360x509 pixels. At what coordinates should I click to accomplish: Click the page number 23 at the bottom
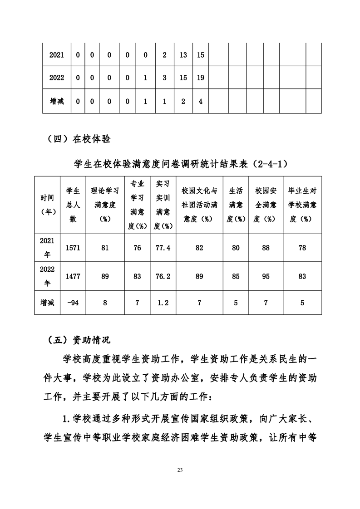point(180,470)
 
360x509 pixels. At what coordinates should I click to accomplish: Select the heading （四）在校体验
point(79,139)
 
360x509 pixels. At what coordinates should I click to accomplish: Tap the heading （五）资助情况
point(79,339)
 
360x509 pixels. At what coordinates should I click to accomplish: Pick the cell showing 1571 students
point(73,248)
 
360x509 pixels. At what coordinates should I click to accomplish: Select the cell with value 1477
point(73,276)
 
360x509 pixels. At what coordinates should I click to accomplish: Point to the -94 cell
point(73,303)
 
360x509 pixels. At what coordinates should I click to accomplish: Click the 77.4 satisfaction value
point(163,248)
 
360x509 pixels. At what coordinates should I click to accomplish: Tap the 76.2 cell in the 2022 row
point(163,276)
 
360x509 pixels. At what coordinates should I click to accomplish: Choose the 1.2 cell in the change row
point(163,303)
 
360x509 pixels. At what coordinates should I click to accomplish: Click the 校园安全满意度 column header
point(266,205)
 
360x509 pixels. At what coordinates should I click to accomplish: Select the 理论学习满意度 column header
point(105,205)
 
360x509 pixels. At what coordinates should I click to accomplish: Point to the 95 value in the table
point(266,276)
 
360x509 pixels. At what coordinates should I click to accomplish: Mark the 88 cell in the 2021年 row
point(266,248)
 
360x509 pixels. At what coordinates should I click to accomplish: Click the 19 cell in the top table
point(200,78)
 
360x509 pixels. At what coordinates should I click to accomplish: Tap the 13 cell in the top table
point(183,55)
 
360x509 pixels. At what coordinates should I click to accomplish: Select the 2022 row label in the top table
point(57,78)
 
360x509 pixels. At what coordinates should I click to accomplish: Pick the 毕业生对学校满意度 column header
point(302,205)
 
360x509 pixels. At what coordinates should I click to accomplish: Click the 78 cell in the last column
point(302,248)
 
